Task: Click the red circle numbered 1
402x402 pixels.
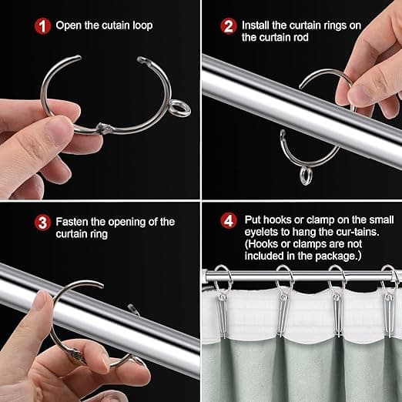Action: (x=42, y=26)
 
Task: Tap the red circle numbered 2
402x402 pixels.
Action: (x=228, y=26)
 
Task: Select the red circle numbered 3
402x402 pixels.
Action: (x=42, y=223)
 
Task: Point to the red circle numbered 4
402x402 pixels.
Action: (x=228, y=221)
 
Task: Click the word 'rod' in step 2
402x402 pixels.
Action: (x=301, y=38)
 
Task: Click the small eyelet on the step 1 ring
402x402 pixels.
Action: (x=180, y=109)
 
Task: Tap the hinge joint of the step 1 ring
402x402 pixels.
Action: (x=103, y=128)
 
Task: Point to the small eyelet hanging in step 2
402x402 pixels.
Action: (x=306, y=176)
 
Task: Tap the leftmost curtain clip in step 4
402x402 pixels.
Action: (x=222, y=317)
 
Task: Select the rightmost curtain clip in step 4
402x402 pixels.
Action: (x=390, y=316)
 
